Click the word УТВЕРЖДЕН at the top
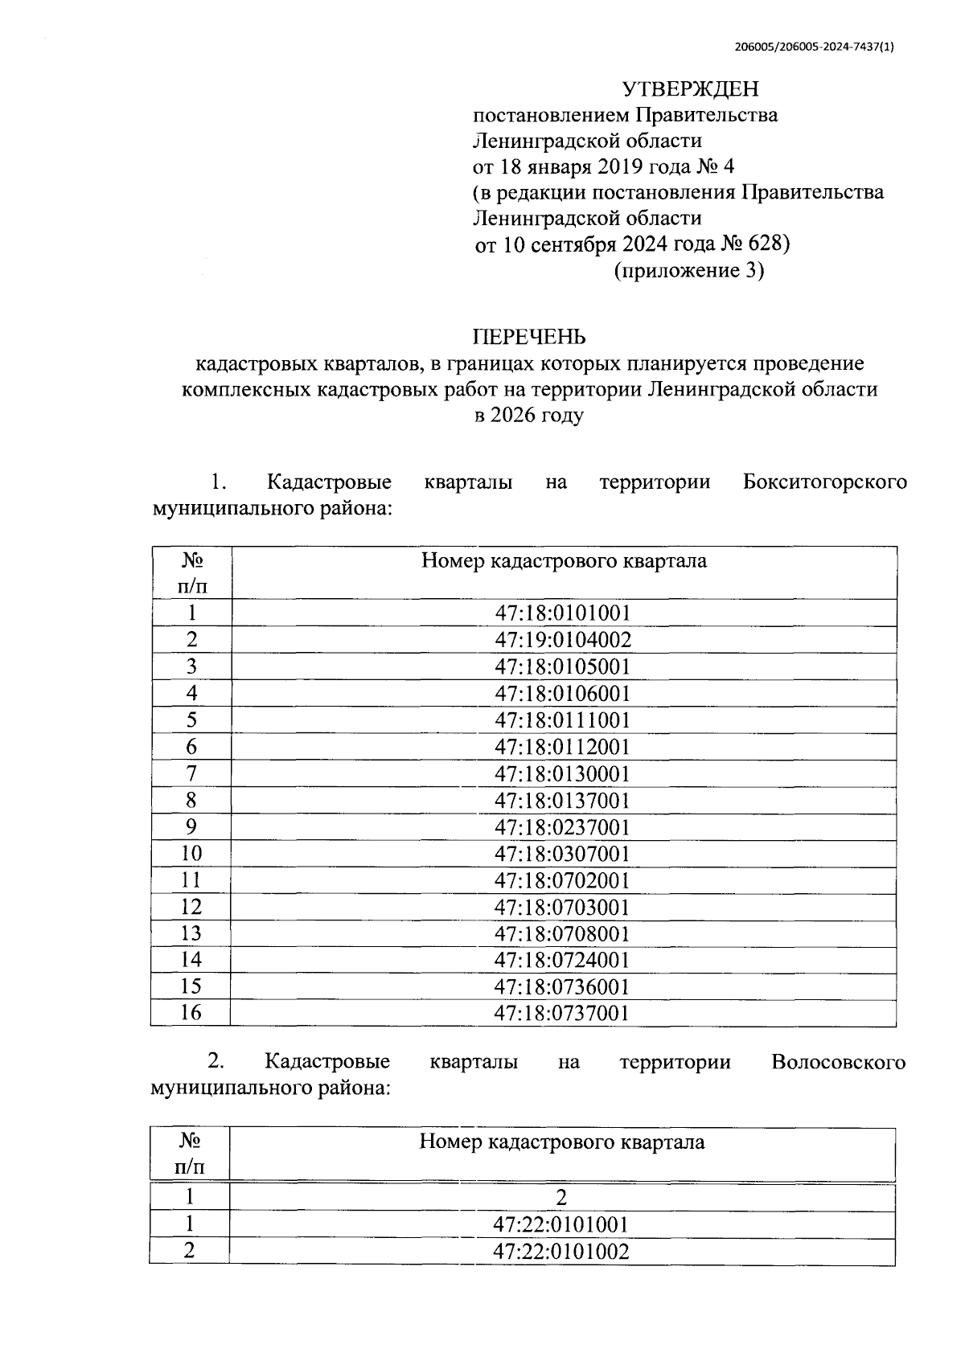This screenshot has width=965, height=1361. pyautogui.click(x=691, y=88)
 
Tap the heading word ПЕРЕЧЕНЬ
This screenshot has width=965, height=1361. pyautogui.click(x=528, y=337)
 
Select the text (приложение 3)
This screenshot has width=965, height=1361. pyautogui.click(x=688, y=270)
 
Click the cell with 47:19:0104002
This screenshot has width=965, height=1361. pyautogui.click(x=563, y=640)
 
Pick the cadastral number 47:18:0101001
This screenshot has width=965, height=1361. pyautogui.click(x=563, y=613)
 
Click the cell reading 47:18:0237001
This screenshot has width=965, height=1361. pyautogui.click(x=563, y=827)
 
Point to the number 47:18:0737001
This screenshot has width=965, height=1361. pyautogui.click(x=563, y=1013)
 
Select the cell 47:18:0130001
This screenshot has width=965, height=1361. pyautogui.click(x=563, y=774)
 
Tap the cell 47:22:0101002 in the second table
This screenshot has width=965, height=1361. pyautogui.click(x=561, y=1252)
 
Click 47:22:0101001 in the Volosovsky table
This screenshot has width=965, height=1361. pyautogui.click(x=561, y=1224)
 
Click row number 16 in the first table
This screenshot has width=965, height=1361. pyautogui.click(x=191, y=1012)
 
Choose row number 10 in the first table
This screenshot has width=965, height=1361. pyautogui.click(x=191, y=853)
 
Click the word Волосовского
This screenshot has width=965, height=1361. pyautogui.click(x=838, y=1062)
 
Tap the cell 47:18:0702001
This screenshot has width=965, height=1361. pyautogui.click(x=563, y=880)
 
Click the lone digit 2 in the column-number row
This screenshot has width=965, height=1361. pyautogui.click(x=561, y=1198)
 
